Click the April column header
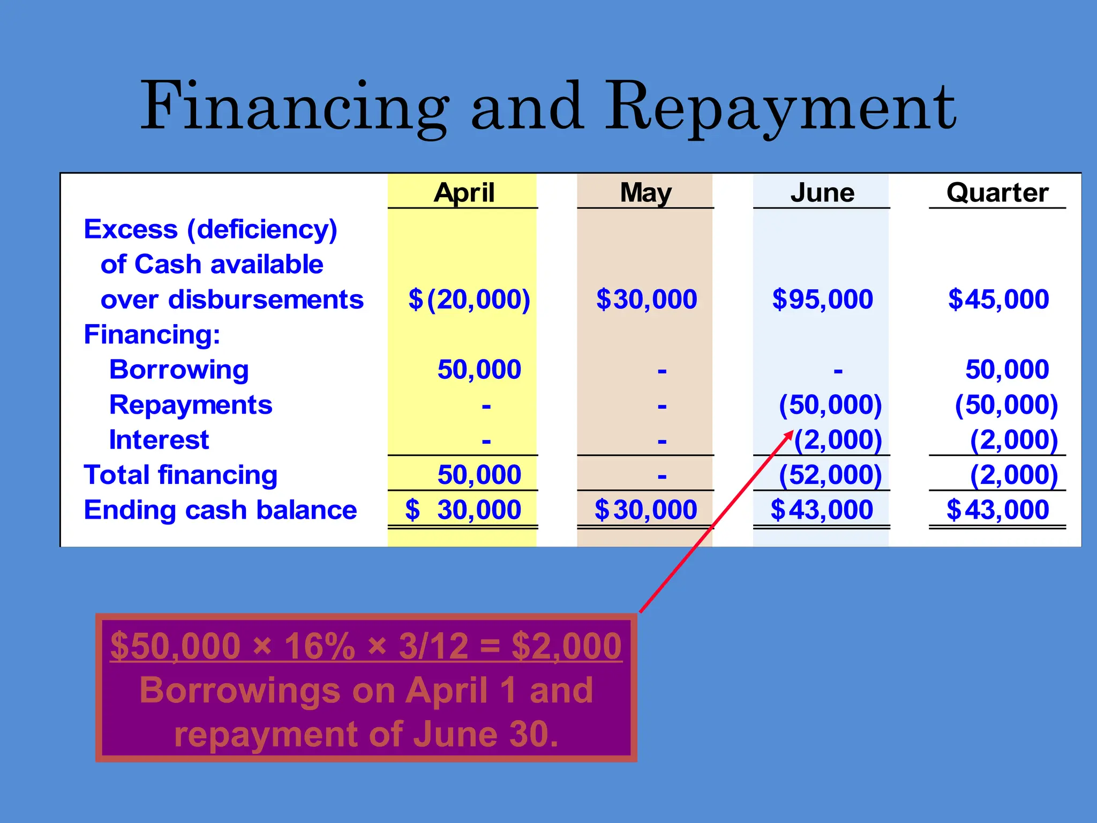(464, 192)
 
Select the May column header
(645, 192)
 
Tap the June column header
(822, 192)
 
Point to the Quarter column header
(997, 192)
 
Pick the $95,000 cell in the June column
(822, 299)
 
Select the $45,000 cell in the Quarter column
(998, 299)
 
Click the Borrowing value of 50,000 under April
(479, 369)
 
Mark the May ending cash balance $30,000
(645, 510)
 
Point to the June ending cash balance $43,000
(822, 510)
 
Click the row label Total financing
(181, 475)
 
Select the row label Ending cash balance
(220, 510)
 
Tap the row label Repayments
(191, 405)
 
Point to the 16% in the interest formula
(319, 646)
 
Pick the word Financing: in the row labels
(152, 334)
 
